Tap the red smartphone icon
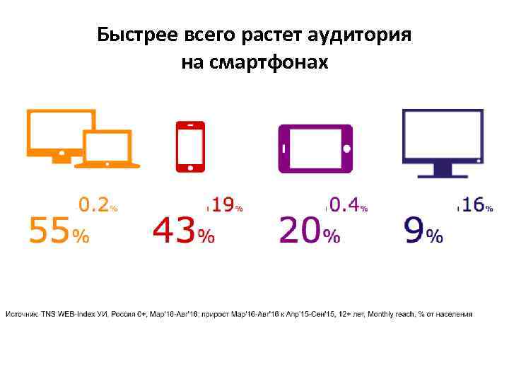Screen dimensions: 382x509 pos(189,147)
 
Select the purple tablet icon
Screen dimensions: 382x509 pos(315,149)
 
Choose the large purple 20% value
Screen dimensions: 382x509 pos(310,230)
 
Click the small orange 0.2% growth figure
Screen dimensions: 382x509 pos(98,205)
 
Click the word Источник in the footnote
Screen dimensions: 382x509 pos(23,313)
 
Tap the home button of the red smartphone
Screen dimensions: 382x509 pos(189,167)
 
